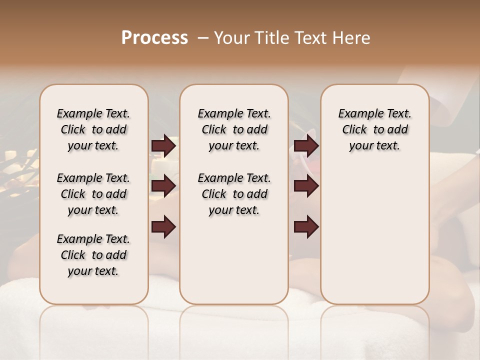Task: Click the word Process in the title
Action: pyautogui.click(x=154, y=38)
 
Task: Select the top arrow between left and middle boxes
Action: pyautogui.click(x=163, y=146)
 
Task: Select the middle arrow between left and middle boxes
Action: pyautogui.click(x=163, y=186)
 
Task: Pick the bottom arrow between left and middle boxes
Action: pyautogui.click(x=163, y=226)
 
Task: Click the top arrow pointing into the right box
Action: pyautogui.click(x=306, y=146)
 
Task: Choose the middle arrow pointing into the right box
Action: pyautogui.click(x=306, y=186)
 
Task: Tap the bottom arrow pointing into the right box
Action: pyautogui.click(x=306, y=227)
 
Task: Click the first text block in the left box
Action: pyautogui.click(x=93, y=129)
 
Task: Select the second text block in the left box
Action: pyautogui.click(x=93, y=194)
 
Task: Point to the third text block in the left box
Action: pyautogui.click(x=93, y=255)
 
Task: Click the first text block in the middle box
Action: pyautogui.click(x=234, y=129)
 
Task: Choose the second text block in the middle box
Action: pyautogui.click(x=234, y=194)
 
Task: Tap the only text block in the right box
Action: pyautogui.click(x=374, y=129)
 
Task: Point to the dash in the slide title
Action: pyautogui.click(x=203, y=38)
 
